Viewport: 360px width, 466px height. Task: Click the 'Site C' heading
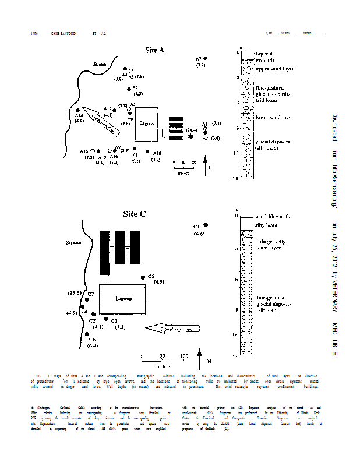coord(135,214)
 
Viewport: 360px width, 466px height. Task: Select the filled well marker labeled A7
coord(205,59)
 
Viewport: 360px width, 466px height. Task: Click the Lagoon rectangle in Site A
coord(147,123)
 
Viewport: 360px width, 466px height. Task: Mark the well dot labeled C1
coord(205,225)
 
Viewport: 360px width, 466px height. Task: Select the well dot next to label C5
coord(143,277)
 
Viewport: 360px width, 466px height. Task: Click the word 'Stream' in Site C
coord(74,242)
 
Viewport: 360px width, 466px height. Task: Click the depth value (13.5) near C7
coord(74,292)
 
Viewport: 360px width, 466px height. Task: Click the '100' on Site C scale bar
coord(184,356)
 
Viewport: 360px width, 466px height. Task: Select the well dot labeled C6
coord(87,334)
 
